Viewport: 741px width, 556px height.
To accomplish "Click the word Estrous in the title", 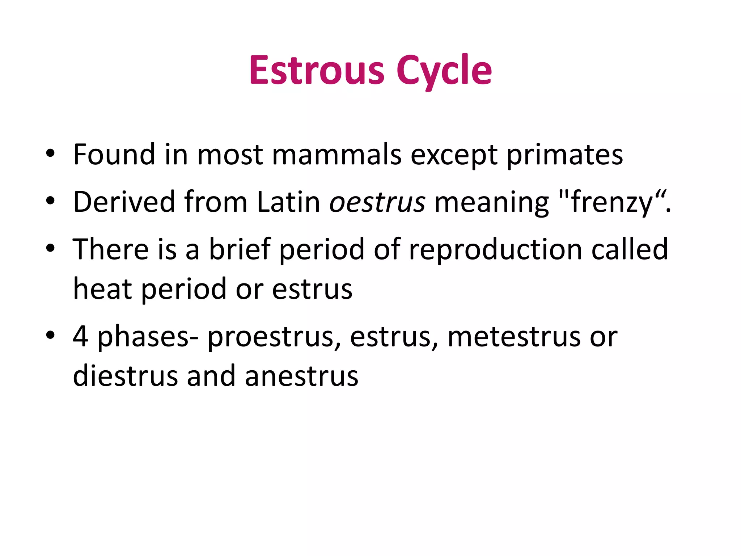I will coord(317,71).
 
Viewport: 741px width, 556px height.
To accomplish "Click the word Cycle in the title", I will coord(444,71).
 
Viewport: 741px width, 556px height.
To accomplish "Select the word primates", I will coord(564,155).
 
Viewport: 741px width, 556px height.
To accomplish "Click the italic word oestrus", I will coord(377,202).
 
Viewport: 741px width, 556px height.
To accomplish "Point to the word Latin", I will coord(288,202).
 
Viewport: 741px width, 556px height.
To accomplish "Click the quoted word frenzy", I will coord(611,202).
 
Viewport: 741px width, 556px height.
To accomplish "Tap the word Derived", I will coord(124,202).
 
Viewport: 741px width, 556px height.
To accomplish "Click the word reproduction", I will coord(495,250).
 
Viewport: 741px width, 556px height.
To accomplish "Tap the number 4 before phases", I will coord(80,337).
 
